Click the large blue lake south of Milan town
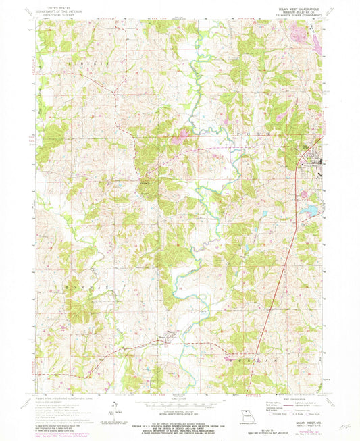(307, 213)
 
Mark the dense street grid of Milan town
(313, 162)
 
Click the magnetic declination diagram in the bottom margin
(115, 410)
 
